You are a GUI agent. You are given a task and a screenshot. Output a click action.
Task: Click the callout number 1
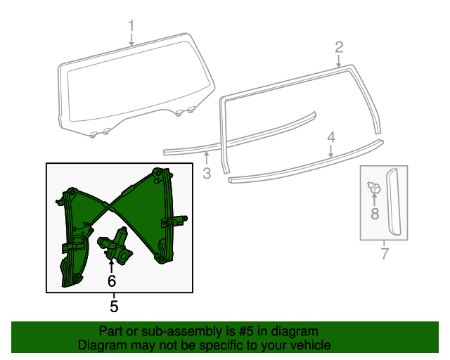coord(131,27)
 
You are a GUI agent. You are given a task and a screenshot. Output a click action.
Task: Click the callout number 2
coord(339,48)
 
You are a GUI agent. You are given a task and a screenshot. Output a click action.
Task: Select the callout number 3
coord(207,174)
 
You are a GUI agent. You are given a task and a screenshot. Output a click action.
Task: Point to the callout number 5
coord(114,307)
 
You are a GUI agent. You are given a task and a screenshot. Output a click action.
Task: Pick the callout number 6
coord(111,281)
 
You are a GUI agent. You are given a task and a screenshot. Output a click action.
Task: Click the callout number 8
coord(375,212)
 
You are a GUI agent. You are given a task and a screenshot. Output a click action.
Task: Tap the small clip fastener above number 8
coord(374,188)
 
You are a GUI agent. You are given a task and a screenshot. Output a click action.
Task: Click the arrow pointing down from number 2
coord(339,61)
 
